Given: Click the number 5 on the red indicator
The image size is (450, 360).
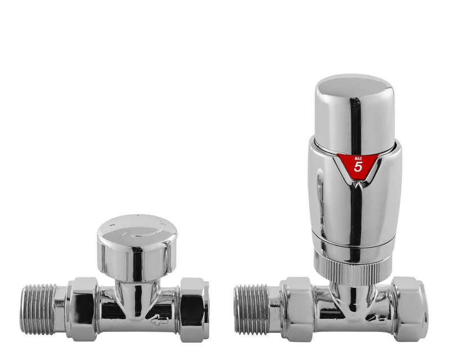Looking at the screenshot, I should (358, 167).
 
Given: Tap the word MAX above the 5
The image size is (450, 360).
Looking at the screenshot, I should (358, 158).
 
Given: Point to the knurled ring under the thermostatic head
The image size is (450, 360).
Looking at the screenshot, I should (353, 264).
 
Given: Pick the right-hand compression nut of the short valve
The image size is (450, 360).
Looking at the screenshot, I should (193, 308).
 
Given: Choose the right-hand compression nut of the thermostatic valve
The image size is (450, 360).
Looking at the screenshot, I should (409, 309).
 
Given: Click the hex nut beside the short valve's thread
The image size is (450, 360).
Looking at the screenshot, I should (82, 309).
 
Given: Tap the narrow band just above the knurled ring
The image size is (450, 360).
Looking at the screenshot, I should (353, 247).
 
